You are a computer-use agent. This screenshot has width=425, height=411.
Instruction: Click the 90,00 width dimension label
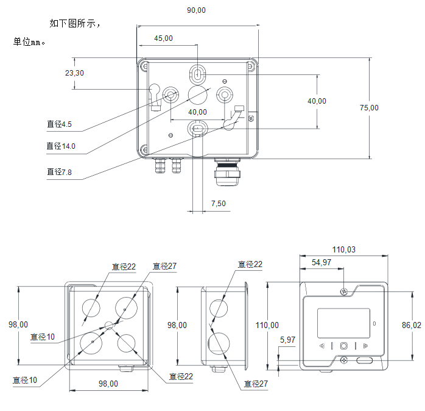click(197, 10)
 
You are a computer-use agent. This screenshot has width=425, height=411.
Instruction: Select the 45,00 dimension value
click(163, 38)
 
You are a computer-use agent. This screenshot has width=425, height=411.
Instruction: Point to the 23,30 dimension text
click(74, 73)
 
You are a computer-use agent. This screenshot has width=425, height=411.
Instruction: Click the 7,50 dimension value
click(218, 203)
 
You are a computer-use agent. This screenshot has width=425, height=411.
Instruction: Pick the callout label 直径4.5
click(59, 124)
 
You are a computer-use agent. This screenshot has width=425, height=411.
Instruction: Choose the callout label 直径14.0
click(61, 146)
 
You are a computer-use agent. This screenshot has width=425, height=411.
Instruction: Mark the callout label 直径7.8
click(59, 173)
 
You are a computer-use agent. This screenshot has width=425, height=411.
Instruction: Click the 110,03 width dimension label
click(343, 249)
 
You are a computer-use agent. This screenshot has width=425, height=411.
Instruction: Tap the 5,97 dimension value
click(287, 339)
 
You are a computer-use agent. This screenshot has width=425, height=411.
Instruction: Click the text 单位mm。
click(30, 42)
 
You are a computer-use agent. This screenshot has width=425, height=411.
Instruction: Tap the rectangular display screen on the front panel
click(343, 323)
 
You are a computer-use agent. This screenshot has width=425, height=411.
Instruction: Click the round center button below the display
click(344, 346)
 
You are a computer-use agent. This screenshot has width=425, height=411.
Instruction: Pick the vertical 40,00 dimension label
click(317, 101)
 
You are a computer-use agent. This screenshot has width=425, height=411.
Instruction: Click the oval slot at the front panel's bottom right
click(365, 360)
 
